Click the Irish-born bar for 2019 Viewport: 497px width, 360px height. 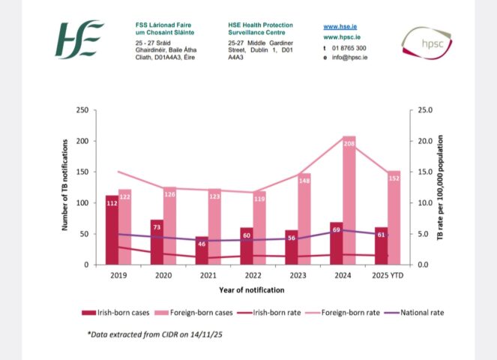(x=112, y=232)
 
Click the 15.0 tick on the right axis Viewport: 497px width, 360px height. (x=425, y=172)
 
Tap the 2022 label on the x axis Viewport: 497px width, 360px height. (x=253, y=275)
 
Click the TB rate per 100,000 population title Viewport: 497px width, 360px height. (x=442, y=187)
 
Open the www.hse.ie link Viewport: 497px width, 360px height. (x=339, y=25)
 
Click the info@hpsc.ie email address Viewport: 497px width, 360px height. (x=349, y=57)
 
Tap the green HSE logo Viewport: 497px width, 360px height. (x=79, y=40)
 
